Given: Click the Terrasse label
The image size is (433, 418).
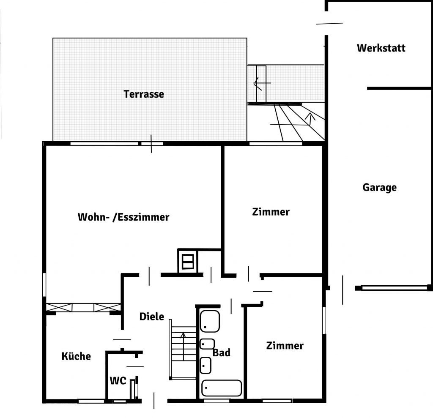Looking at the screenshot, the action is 144,94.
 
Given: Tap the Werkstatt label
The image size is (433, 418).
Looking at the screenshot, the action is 381,48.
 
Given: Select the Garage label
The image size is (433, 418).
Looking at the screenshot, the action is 379,188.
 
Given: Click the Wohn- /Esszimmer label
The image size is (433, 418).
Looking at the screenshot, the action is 123,217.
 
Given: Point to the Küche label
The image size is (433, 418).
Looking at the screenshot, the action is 76,356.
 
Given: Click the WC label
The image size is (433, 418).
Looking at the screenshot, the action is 118,381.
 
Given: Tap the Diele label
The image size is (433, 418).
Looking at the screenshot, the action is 152,317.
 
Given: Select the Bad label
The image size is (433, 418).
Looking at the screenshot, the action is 222,352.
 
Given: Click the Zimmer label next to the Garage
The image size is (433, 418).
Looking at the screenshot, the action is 271,212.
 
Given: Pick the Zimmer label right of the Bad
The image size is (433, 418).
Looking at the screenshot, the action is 285,346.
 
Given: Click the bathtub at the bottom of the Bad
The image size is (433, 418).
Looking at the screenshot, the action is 222,388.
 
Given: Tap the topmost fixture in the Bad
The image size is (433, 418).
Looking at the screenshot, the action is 210,321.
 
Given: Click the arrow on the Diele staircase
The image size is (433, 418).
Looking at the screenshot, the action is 183,346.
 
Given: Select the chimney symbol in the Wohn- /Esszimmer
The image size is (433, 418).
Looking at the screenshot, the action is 188,262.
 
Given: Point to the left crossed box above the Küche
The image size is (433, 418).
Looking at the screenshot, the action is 59,307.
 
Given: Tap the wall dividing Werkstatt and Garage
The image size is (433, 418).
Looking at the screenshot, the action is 399,88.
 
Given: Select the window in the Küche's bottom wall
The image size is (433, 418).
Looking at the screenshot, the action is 91,401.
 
